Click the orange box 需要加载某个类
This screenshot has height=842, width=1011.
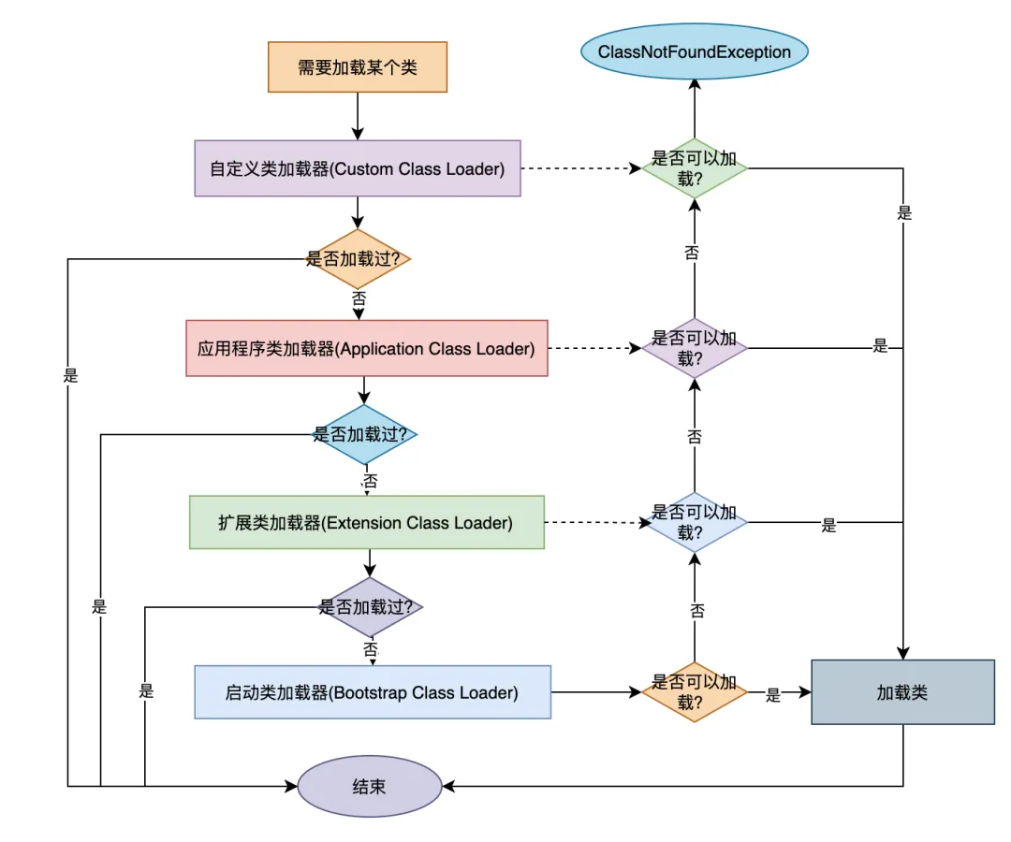tap(358, 66)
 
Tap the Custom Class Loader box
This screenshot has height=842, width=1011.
tap(358, 168)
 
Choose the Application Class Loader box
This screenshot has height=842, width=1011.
tap(366, 349)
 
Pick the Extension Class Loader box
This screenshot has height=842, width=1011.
tap(366, 522)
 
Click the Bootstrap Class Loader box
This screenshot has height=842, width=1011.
tap(372, 692)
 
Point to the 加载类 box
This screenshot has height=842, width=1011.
tap(902, 692)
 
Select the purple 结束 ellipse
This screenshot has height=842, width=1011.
tap(370, 786)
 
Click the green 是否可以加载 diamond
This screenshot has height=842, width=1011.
tap(694, 168)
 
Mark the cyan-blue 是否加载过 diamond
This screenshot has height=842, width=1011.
tap(365, 434)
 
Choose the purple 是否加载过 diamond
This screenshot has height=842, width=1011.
tap(371, 606)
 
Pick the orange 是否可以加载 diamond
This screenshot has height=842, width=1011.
tap(694, 692)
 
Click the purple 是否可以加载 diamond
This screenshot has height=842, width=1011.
tap(694, 348)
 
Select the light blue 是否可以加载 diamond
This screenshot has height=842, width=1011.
tap(694, 522)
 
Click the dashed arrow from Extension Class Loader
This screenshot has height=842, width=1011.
tap(596, 522)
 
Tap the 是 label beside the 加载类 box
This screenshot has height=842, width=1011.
tap(773, 695)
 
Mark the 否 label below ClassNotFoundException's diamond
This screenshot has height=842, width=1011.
tap(692, 252)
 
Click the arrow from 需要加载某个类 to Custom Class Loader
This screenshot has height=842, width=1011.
tap(358, 116)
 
